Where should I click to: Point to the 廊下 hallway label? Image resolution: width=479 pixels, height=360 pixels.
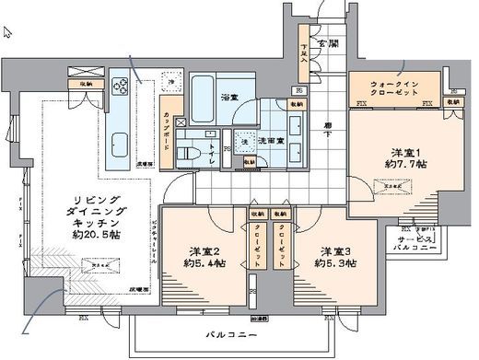click(x=328, y=129)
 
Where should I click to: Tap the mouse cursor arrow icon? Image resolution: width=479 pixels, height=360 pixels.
click(x=8, y=32)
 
